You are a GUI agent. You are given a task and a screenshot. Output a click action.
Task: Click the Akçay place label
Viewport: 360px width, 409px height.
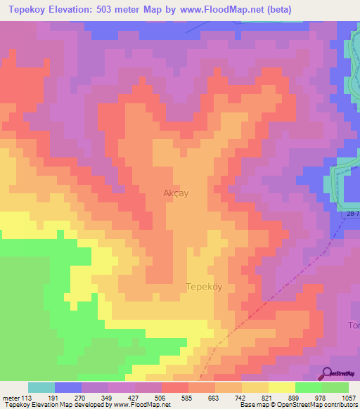coord(175,192)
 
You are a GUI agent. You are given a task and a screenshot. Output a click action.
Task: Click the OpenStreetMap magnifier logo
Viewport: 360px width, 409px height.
coord(326,373)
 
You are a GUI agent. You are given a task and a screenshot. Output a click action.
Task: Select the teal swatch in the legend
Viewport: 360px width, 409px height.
coord(41,387)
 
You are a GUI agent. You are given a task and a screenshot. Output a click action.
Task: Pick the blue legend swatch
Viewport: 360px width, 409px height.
coord(68,387)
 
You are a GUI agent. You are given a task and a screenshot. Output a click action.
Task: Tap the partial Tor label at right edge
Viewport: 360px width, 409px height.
coord(354,325)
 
